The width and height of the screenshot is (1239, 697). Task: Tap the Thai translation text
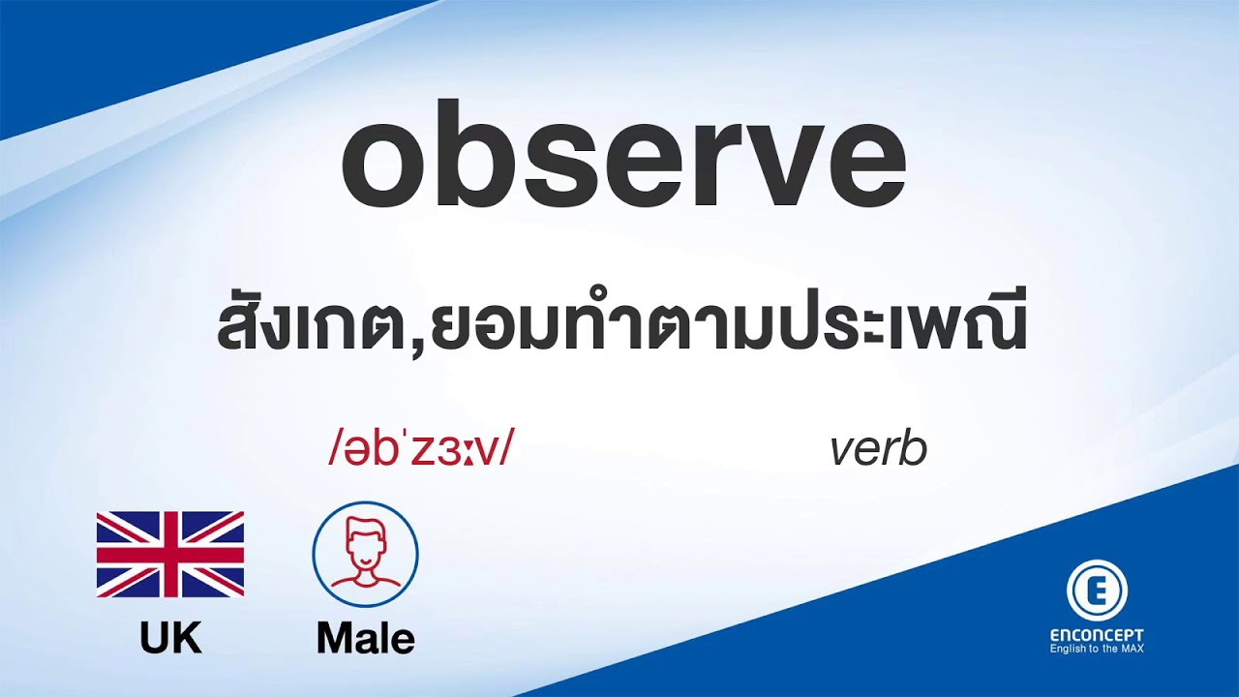click(620, 330)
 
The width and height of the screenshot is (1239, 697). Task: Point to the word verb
click(878, 450)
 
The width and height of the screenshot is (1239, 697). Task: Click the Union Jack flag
click(170, 555)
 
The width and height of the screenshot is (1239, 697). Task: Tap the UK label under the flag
click(170, 638)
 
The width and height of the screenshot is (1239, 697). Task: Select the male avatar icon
click(365, 555)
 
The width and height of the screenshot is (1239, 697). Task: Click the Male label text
click(365, 638)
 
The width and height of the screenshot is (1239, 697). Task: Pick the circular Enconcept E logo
click(1097, 591)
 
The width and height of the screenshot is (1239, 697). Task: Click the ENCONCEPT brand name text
click(1097, 635)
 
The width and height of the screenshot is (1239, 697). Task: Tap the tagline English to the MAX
click(1097, 649)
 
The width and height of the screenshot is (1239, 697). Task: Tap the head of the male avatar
click(365, 543)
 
